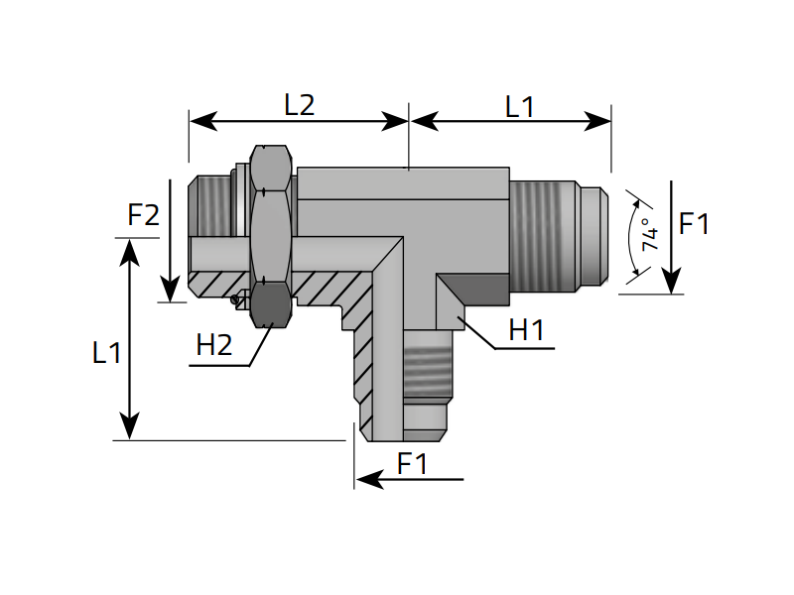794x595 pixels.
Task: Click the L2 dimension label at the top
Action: click(299, 105)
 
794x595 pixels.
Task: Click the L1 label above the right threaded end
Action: click(519, 106)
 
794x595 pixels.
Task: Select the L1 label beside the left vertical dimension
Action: click(106, 352)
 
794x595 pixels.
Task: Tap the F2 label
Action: click(144, 215)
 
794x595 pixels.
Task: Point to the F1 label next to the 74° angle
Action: click(694, 225)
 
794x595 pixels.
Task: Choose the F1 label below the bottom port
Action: click(412, 463)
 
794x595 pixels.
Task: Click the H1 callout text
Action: click(526, 331)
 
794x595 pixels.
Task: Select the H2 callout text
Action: click(214, 345)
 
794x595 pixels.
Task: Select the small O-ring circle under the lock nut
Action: click(235, 299)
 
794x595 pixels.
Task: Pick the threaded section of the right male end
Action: click(545, 236)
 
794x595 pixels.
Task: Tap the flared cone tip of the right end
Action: click(594, 237)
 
